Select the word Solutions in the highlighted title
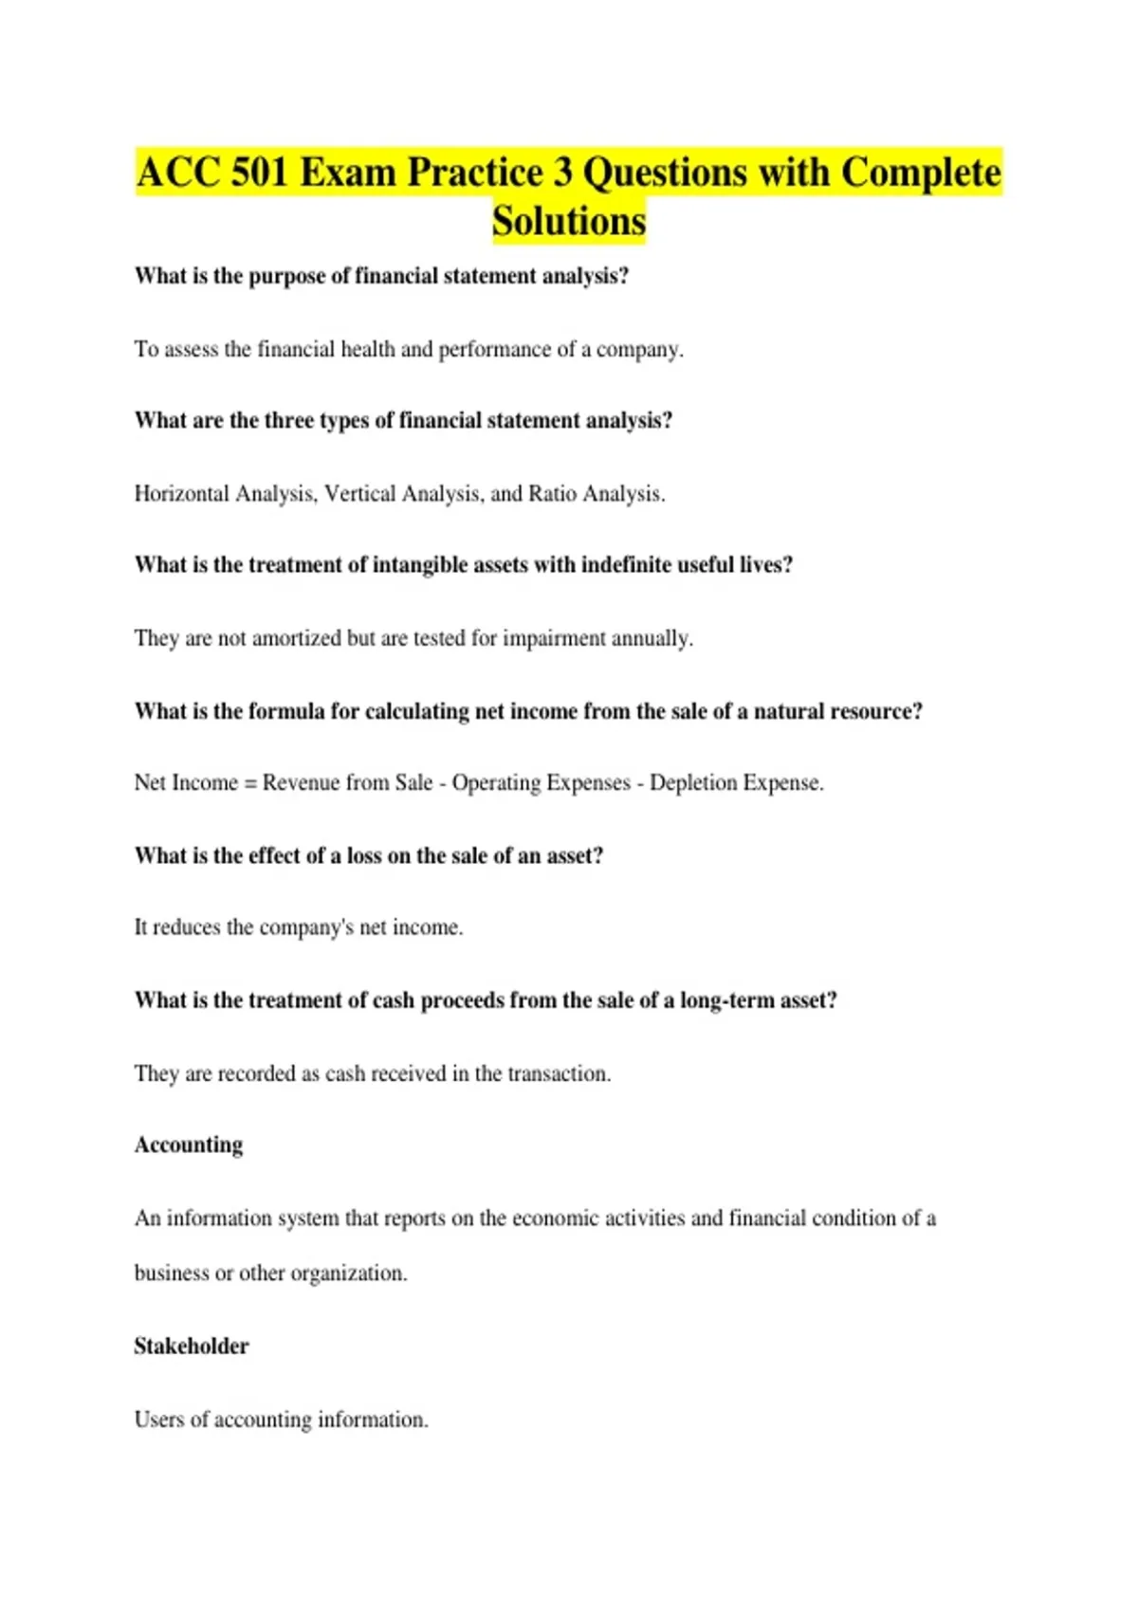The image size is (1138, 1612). [x=569, y=221]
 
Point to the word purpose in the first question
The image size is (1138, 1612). [x=286, y=276]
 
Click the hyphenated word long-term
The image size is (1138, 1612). [x=726, y=1000]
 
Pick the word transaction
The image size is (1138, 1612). [x=559, y=1073]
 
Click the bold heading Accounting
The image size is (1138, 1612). [x=189, y=1145]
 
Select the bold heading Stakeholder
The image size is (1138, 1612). [x=192, y=1346]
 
